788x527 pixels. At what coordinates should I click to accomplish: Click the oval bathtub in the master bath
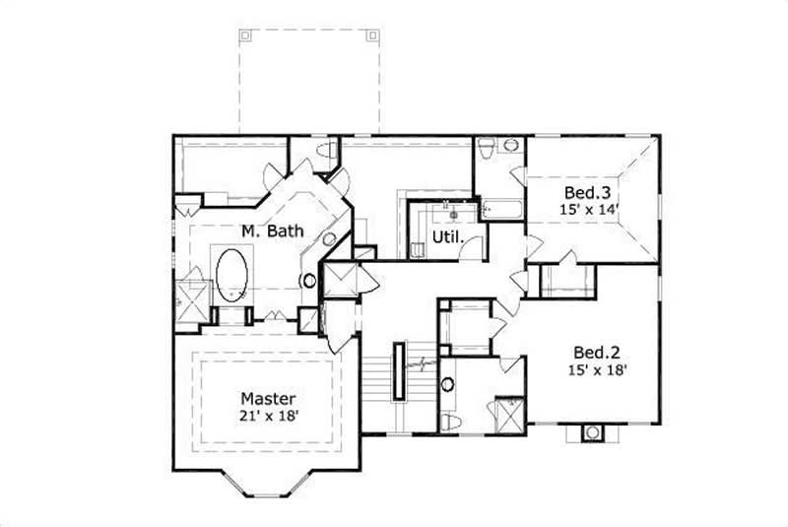[232, 274]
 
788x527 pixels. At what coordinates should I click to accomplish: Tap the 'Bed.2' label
[596, 351]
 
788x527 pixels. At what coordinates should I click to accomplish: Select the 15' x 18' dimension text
[596, 370]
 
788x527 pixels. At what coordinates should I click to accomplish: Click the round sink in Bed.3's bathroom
[510, 146]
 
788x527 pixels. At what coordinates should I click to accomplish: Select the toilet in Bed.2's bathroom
[449, 422]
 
